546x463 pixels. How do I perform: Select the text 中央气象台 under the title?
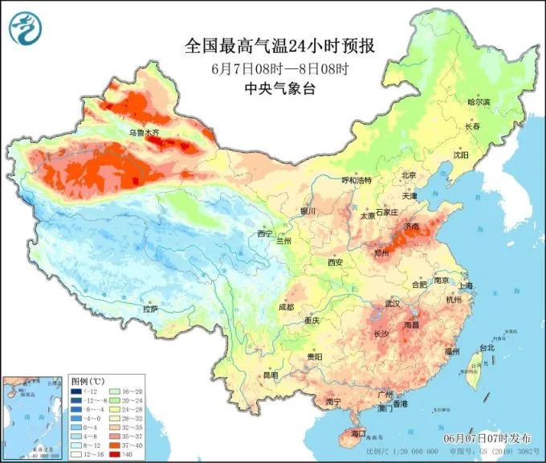(x=279, y=89)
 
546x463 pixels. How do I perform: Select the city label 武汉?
(x=393, y=303)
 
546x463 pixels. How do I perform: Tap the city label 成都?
(x=287, y=306)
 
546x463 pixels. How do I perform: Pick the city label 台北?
(x=487, y=348)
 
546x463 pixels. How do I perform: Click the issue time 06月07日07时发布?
(x=487, y=439)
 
